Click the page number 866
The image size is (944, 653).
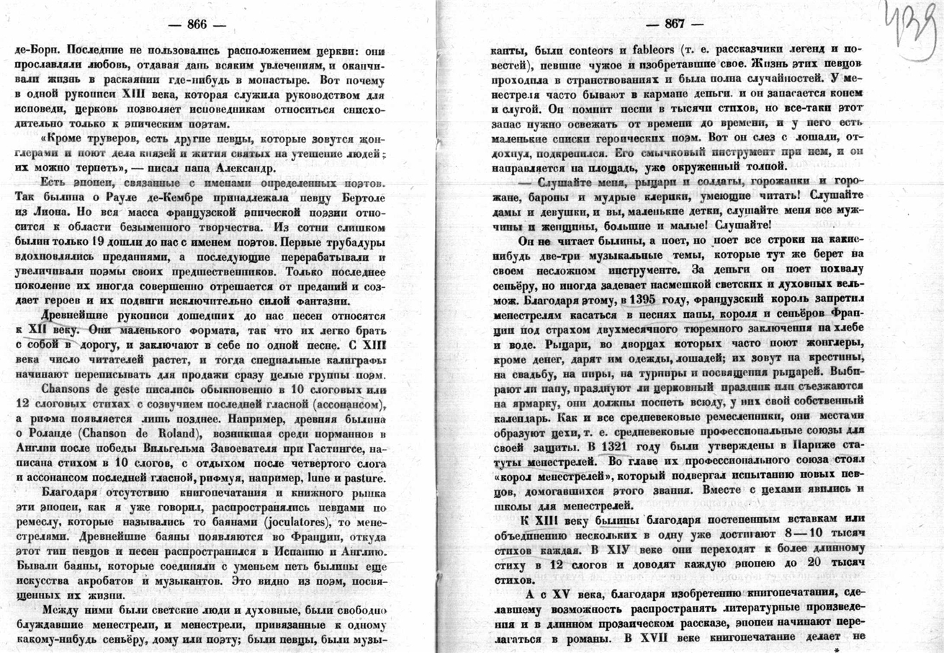pos(197,24)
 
